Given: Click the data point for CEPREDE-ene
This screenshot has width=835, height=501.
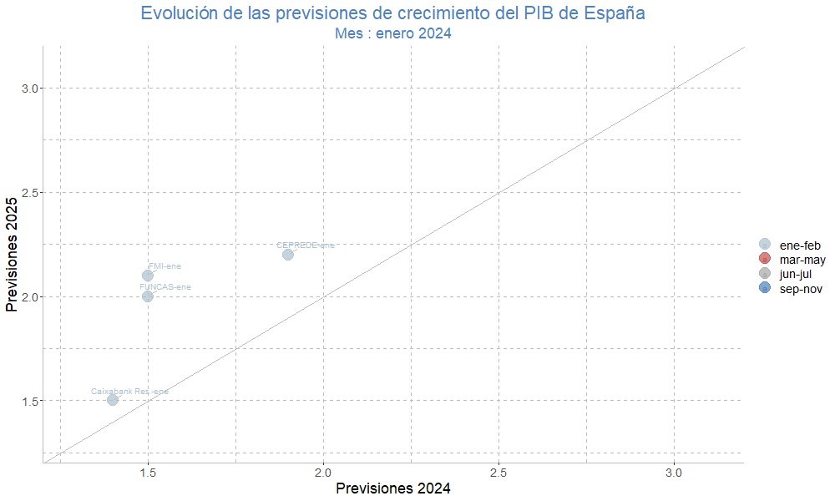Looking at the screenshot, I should point(288,255).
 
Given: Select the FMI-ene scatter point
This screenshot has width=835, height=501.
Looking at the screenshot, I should point(148,276).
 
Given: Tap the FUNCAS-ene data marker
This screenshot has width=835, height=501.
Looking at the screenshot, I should point(148,296).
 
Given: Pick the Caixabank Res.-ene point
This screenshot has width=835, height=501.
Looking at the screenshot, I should point(113,400).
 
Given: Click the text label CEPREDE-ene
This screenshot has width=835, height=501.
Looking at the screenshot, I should point(306,245).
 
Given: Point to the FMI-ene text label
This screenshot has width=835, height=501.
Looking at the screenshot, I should point(164,266).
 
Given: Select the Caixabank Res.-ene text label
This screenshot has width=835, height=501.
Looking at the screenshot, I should point(129,391).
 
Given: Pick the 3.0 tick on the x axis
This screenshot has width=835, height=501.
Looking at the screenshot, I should point(674,473).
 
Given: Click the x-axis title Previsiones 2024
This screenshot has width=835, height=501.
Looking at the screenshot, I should point(393,489).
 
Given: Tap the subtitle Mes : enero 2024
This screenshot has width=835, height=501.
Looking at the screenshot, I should point(393,33).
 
